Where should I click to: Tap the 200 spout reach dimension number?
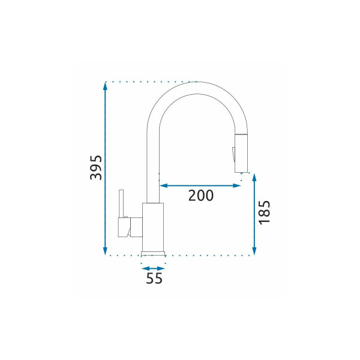pyautogui.click(x=201, y=196)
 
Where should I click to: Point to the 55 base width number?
pyautogui.click(x=154, y=278)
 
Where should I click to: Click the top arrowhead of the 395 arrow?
pyautogui.click(x=106, y=85)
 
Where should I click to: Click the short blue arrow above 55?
pyautogui.click(x=153, y=268)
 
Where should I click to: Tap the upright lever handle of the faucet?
pyautogui.click(x=121, y=204)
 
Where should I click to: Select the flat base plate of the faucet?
pyautogui.click(x=153, y=253)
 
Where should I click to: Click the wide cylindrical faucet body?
pyautogui.click(x=153, y=227)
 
